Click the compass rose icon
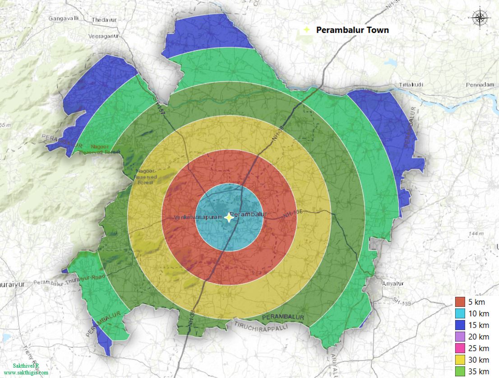click(x=480, y=18)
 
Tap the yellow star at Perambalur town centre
click(x=229, y=218)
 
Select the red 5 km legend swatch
click(x=460, y=302)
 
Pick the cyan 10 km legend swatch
click(x=460, y=313)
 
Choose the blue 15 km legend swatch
click(x=460, y=325)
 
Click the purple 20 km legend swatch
click(x=460, y=337)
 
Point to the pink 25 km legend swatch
click(x=460, y=348)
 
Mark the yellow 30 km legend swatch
click(x=460, y=360)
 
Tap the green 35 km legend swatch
click(x=460, y=371)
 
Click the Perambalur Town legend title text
click(x=352, y=30)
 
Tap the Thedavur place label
click(x=104, y=20)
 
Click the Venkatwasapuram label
click(x=198, y=218)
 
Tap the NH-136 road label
click(x=292, y=214)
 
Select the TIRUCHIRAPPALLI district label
click(x=261, y=327)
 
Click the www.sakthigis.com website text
click(x=26, y=373)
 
